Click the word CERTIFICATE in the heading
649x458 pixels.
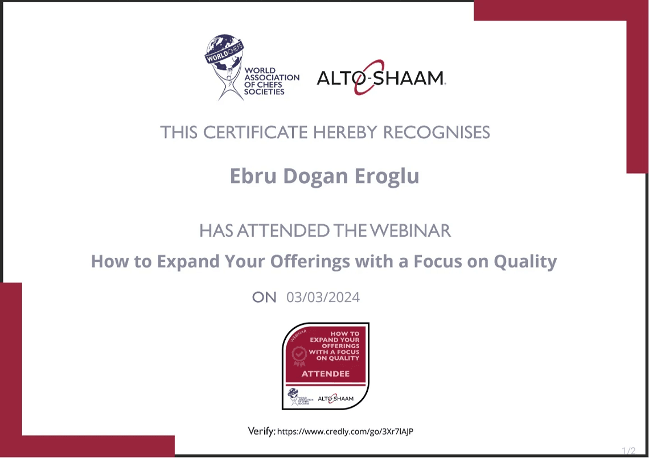click(x=256, y=133)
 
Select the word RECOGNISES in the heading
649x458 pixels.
click(x=436, y=133)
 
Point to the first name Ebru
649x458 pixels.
click(x=253, y=176)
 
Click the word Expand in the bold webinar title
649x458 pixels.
click(x=188, y=262)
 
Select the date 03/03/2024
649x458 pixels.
click(x=323, y=298)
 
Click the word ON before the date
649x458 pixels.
click(x=264, y=298)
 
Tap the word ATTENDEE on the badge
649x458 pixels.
click(x=325, y=374)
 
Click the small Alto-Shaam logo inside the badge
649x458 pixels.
click(x=336, y=398)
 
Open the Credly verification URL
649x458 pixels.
click(x=345, y=431)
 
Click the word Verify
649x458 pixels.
click(x=261, y=431)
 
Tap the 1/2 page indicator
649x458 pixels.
click(x=629, y=451)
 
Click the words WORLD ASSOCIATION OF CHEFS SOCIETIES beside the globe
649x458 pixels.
click(x=272, y=81)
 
